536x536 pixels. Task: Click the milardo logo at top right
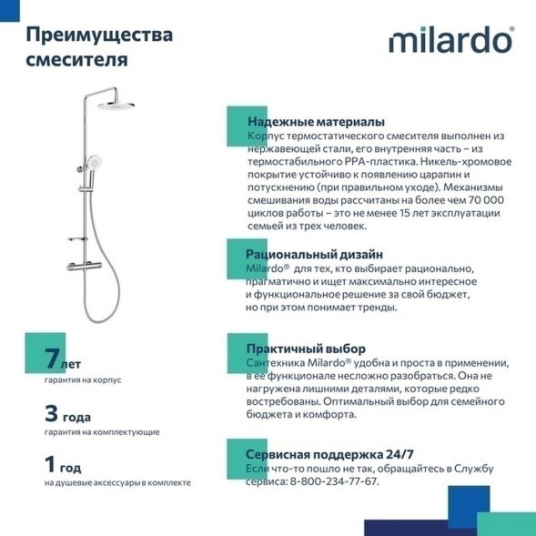[x=451, y=43]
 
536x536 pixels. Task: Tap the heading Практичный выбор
[x=305, y=349]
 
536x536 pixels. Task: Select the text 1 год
[x=66, y=465]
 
